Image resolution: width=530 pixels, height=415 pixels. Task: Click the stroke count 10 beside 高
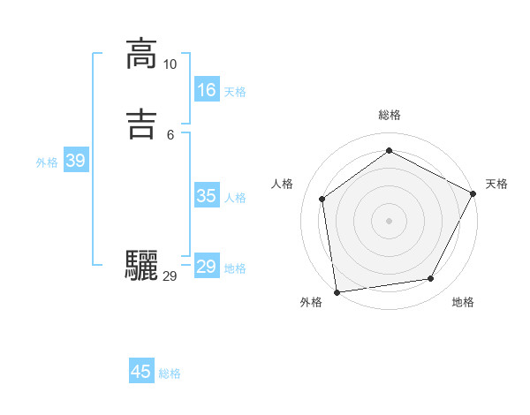[170, 64]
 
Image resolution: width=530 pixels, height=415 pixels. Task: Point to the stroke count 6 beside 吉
[170, 135]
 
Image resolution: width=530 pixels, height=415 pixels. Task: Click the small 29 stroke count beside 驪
[170, 276]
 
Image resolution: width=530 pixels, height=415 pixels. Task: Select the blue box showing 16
[207, 90]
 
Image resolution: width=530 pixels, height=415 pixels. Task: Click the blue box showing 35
[207, 196]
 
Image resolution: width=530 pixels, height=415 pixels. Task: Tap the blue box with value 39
[75, 161]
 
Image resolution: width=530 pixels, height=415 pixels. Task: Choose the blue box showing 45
[141, 372]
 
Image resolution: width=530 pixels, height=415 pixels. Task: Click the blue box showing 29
[207, 267]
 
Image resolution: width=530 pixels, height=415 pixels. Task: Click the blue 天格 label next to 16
[235, 92]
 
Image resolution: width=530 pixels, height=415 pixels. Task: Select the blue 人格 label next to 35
[235, 198]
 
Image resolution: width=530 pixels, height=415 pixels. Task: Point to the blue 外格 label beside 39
[47, 162]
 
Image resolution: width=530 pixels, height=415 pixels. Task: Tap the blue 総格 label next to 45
[170, 373]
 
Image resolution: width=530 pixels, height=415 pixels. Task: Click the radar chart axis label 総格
[390, 115]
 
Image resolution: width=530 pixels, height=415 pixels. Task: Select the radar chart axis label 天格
[496, 184]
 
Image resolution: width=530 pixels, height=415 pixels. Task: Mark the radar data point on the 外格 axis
[337, 291]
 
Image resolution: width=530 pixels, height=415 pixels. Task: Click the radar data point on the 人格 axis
[322, 199]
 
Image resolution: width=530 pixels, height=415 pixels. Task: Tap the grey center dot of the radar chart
[389, 220]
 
